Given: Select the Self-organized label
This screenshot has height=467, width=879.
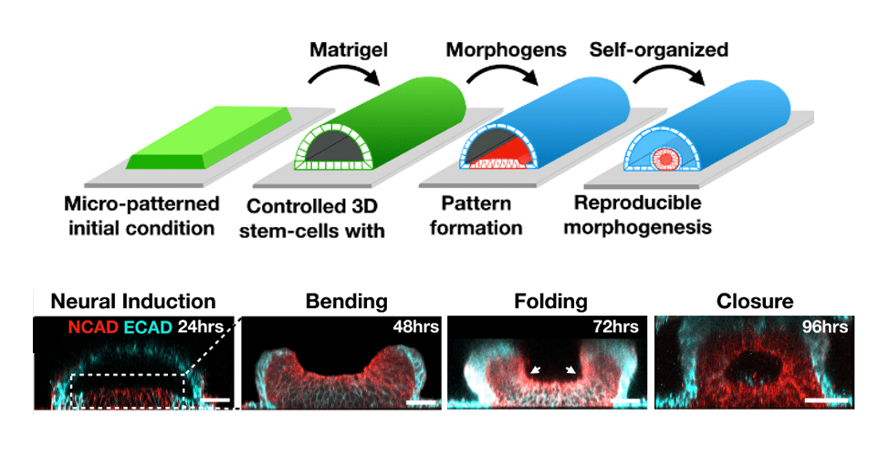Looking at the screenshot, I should (x=659, y=49).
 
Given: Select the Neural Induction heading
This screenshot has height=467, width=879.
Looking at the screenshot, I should (x=133, y=301).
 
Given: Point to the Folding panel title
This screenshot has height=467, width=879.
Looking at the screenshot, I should (x=549, y=301).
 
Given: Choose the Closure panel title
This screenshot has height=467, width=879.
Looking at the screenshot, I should (x=755, y=301).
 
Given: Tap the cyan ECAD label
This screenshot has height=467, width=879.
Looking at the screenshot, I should (x=145, y=327).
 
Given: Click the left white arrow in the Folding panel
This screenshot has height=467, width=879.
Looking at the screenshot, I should (x=535, y=370).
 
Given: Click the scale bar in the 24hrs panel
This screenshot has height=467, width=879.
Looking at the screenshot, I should (x=215, y=400).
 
